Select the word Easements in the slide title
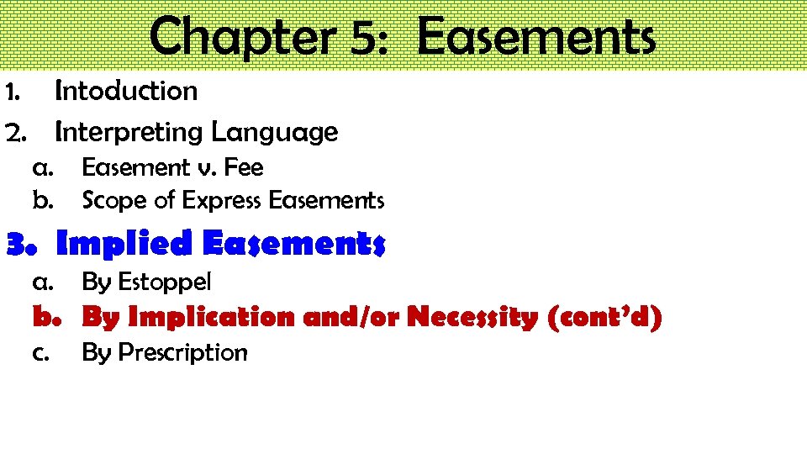click(535, 38)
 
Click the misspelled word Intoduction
click(126, 91)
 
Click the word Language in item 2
click(275, 132)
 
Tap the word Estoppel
click(164, 282)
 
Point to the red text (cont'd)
click(604, 318)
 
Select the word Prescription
click(183, 352)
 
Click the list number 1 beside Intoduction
click(13, 91)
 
